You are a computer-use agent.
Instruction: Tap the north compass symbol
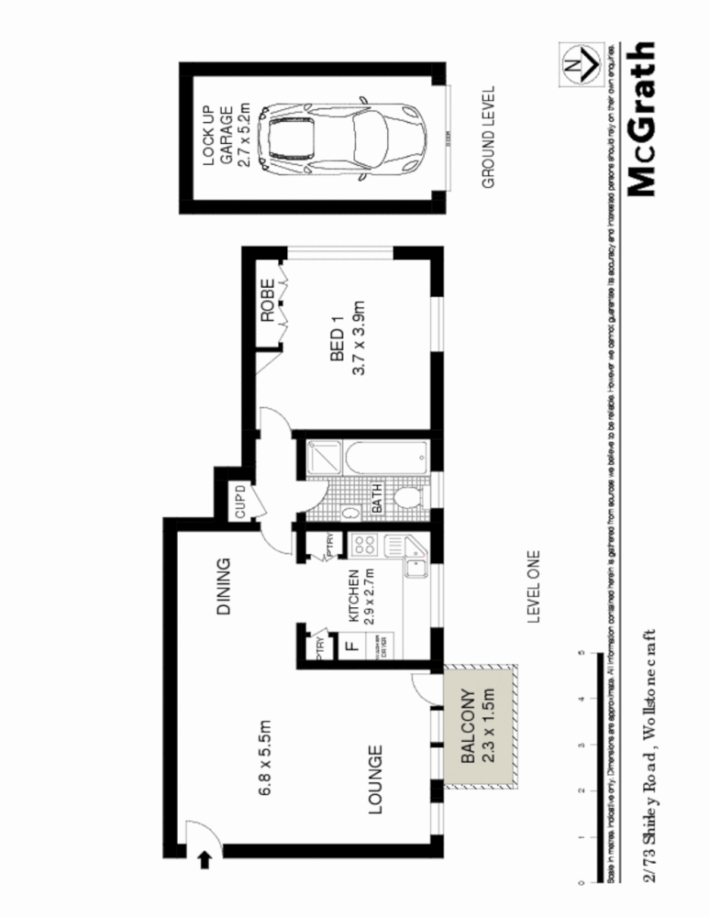(575, 64)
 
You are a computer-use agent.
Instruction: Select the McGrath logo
(643, 119)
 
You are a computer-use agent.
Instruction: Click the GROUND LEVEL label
(488, 138)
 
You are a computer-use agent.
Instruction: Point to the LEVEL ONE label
(534, 587)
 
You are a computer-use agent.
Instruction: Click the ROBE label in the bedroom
(268, 300)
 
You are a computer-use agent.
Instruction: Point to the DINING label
(223, 587)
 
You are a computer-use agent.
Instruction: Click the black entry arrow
(204, 859)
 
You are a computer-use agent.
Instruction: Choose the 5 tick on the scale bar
(581, 654)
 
